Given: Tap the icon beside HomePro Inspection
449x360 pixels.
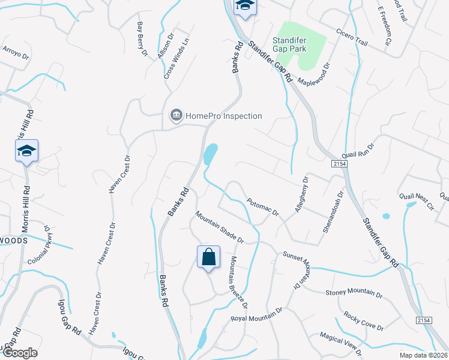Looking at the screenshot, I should (x=176, y=115).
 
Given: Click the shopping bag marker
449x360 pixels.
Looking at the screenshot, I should (x=208, y=257).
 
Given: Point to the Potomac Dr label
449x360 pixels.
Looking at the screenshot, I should (x=263, y=208).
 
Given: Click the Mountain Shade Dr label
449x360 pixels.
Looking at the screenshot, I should (x=219, y=227).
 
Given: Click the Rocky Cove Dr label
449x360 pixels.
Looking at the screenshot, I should (x=363, y=321).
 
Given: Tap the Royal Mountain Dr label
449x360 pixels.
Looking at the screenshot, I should (x=257, y=314).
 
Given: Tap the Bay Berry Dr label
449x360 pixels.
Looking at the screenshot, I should (x=142, y=39).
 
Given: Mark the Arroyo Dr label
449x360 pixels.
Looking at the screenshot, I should (x=16, y=52).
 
